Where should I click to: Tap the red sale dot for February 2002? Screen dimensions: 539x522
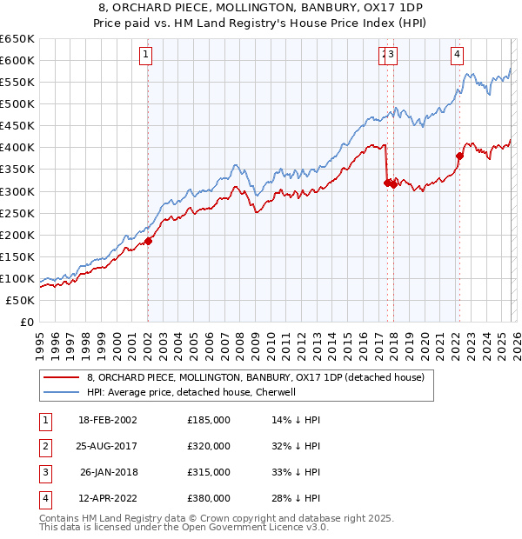click(x=148, y=241)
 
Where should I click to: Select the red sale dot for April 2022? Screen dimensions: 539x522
click(x=458, y=156)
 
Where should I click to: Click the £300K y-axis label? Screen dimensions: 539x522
click(x=17, y=191)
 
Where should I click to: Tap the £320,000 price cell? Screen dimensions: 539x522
click(x=209, y=446)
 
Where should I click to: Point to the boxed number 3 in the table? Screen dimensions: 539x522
click(x=44, y=472)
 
